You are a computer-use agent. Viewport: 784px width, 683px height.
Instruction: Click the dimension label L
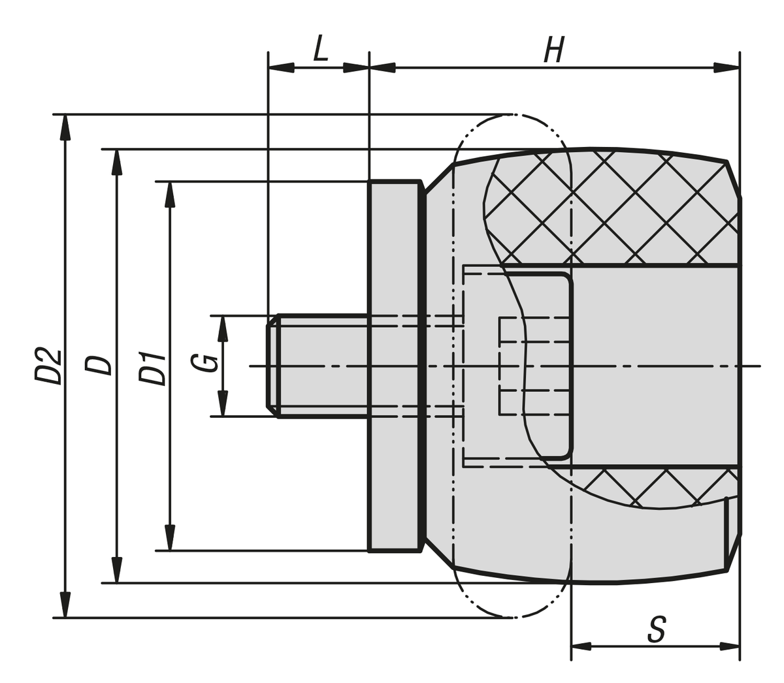(x=319, y=49)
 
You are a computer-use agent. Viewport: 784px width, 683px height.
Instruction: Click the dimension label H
(x=554, y=50)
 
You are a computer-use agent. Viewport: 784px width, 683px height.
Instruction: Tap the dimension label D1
(x=152, y=367)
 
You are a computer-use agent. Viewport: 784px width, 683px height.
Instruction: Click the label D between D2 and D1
(x=99, y=365)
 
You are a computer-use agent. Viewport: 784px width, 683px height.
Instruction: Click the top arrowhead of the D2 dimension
(x=64, y=127)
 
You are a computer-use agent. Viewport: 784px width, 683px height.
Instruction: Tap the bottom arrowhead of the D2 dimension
(x=64, y=605)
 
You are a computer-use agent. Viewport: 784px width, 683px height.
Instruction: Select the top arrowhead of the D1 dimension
(x=170, y=194)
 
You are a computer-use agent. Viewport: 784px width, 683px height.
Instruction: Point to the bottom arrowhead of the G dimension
(x=223, y=404)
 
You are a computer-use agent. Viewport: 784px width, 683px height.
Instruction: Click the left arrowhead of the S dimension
(x=581, y=646)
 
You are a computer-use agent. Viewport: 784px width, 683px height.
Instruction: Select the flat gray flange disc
(x=395, y=366)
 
